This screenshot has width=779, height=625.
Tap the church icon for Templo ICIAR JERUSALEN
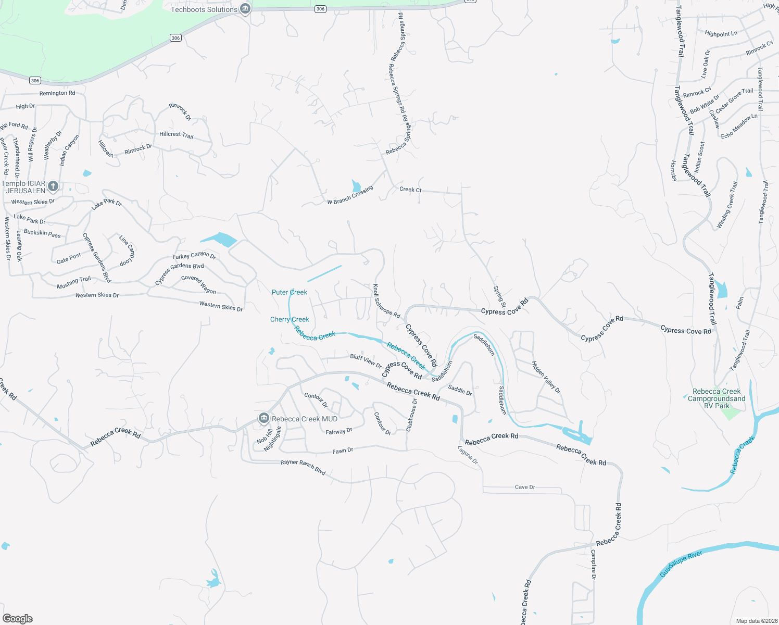point(53,186)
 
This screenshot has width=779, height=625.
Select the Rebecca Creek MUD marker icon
point(263,419)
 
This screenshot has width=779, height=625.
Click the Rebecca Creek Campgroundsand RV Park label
point(717,398)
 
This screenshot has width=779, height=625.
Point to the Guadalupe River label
point(681,564)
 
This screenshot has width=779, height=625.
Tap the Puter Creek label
point(290,292)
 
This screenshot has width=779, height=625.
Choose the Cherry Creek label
point(290,319)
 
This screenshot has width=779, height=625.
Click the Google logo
point(18,619)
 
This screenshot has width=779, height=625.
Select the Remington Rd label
point(57,93)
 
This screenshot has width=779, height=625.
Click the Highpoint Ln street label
point(721,33)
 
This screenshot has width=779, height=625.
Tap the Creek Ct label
point(410,190)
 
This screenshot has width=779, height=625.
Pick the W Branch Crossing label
point(350,195)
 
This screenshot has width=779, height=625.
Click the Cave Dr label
point(525,487)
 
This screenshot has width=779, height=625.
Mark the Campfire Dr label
point(594,565)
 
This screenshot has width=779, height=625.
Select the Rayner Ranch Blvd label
point(303,466)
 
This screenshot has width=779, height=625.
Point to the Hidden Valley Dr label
point(546,377)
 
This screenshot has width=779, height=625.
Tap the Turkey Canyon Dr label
point(194,255)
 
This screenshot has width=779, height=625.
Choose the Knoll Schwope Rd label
point(386,302)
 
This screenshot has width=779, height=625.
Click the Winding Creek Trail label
point(727,205)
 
